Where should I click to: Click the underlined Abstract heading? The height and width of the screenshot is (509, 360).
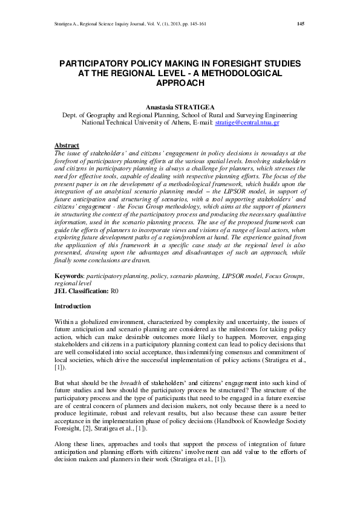tap(67, 146)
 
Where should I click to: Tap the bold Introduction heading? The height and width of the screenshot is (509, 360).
tap(73, 306)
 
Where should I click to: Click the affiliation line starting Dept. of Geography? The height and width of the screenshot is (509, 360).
tap(180, 114)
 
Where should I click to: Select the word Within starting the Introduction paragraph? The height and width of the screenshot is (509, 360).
tap(64, 325)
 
